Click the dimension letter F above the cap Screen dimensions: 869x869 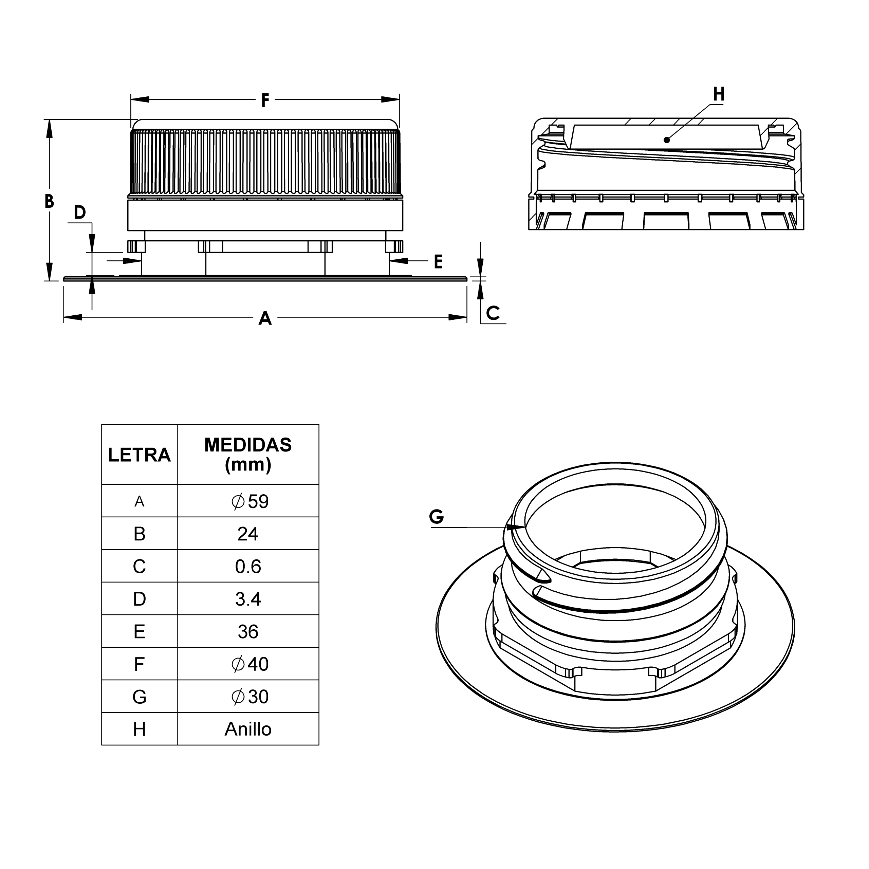tap(265, 100)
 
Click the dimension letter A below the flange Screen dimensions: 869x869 tap(265, 318)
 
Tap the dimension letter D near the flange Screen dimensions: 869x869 tap(80, 212)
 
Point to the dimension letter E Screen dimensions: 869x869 tap(438, 261)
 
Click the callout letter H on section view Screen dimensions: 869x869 tap(719, 94)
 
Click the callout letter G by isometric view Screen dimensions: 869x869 tap(436, 516)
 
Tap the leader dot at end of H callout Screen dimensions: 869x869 tap(667, 140)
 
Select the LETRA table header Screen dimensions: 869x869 tap(140, 455)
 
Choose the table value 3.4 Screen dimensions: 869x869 tap(248, 599)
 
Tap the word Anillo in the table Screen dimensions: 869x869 tap(248, 729)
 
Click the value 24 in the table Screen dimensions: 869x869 tap(248, 534)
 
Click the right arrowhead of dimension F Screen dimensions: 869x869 tap(391, 99)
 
